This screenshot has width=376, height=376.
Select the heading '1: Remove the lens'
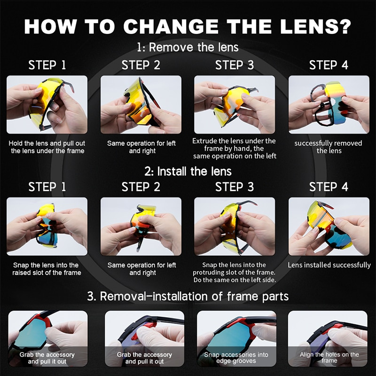[188, 47]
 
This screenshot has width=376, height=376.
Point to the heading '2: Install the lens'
[188, 171]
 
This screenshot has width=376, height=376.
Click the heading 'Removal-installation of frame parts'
[188, 296]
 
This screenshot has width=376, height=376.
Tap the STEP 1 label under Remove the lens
[47, 65]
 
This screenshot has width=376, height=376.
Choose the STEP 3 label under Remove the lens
[235, 65]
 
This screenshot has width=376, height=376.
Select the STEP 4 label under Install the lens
[329, 187]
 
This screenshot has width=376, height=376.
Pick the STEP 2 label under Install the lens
[141, 187]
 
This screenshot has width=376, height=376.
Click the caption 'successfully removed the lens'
[329, 147]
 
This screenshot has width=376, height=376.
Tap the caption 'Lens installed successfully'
[329, 265]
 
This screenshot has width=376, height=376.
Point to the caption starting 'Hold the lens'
[47, 147]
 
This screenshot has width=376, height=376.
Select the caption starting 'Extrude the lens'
[234, 148]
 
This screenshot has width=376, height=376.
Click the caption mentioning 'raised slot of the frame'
[47, 269]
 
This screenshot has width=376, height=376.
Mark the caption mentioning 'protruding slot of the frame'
[234, 273]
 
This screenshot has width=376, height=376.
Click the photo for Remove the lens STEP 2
[141, 104]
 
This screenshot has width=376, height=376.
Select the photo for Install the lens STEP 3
[235, 226]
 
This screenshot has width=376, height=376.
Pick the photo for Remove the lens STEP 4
[329, 104]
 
